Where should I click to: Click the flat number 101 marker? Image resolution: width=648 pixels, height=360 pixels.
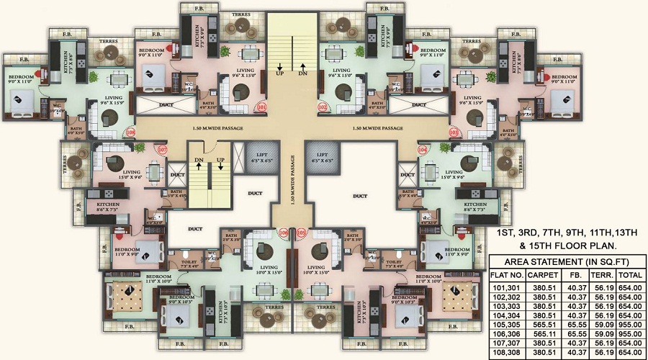261,108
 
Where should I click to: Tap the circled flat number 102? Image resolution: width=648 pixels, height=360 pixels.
323,108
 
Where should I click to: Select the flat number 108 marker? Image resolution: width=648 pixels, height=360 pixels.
130,132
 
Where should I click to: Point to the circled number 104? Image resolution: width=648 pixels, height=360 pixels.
422,150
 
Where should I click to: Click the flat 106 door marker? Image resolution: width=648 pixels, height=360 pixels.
283,233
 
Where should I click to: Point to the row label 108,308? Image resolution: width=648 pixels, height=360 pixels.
506,352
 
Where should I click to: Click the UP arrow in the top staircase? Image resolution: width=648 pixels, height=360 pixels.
279,72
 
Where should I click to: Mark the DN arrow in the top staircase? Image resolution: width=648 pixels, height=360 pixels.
302,72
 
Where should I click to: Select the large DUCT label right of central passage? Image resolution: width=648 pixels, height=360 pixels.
359,195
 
